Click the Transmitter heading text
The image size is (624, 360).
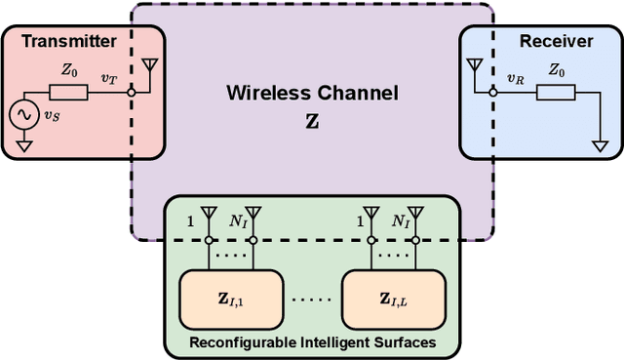(69, 42)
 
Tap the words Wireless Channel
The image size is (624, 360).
(312, 94)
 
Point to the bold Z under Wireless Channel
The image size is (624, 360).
(312, 123)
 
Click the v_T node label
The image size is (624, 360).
(109, 78)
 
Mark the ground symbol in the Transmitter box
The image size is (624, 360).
(22, 147)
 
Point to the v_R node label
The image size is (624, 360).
(516, 78)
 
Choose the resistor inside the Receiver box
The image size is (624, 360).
(557, 93)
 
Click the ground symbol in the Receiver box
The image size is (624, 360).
(601, 145)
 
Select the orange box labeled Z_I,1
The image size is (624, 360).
(230, 297)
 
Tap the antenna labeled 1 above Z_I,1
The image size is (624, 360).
(208, 213)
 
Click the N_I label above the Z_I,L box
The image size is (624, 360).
(399, 222)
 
